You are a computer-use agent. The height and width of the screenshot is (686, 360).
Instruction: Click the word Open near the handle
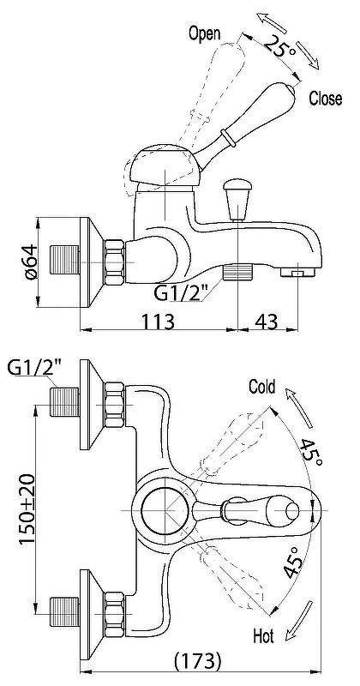tap(204, 34)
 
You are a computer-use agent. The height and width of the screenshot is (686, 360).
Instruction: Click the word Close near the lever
tap(326, 99)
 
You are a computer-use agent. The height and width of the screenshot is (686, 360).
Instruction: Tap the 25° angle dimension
tap(279, 47)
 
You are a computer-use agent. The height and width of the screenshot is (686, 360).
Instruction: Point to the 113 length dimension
tap(158, 322)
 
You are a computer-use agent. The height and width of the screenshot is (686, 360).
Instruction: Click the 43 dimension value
tap(267, 322)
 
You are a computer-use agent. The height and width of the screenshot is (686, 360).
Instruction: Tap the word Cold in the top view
tap(262, 387)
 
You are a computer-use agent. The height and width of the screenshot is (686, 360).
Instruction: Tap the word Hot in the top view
tap(263, 636)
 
